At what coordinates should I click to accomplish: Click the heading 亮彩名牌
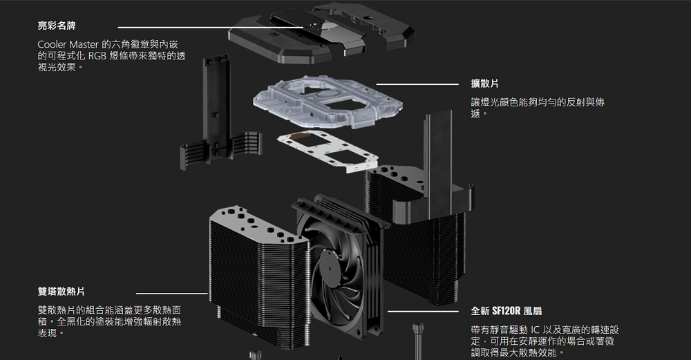57,27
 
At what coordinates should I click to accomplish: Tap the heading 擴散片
485,84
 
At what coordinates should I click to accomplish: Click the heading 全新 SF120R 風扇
511,311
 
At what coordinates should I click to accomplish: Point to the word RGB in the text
97,57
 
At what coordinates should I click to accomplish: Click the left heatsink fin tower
259,276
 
